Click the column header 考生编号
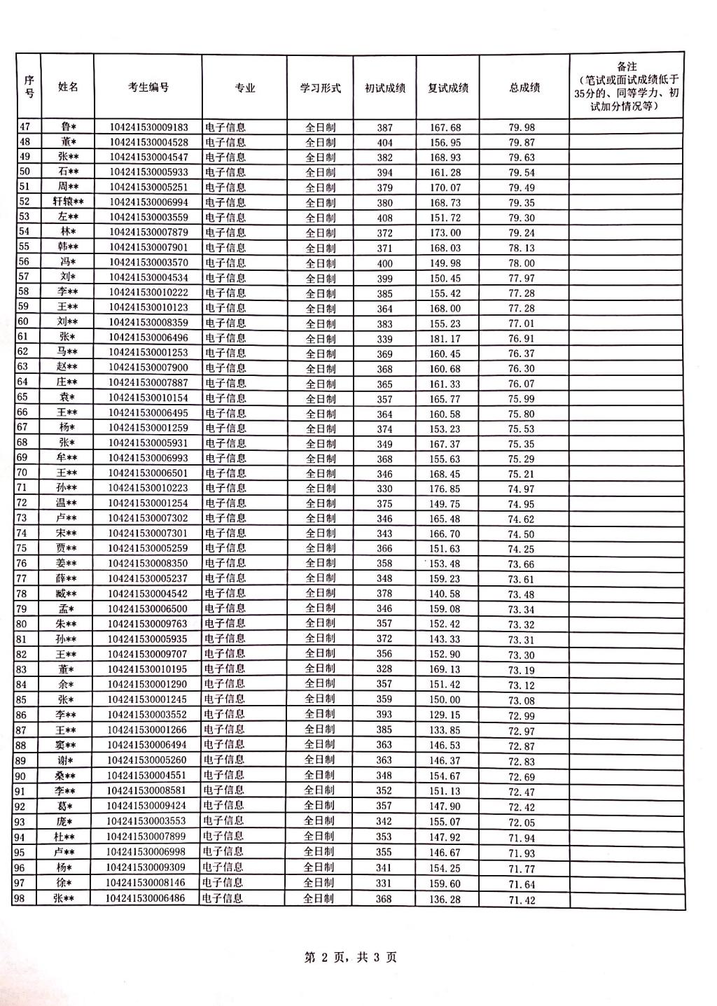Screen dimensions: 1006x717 (x=148, y=88)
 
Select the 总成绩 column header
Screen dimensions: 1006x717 (x=524, y=88)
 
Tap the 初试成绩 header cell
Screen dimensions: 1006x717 (x=385, y=88)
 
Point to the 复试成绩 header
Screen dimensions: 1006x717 (x=448, y=88)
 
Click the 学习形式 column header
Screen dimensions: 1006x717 (x=321, y=88)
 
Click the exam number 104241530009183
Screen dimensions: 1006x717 (x=148, y=127)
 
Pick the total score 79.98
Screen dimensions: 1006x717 (x=522, y=127)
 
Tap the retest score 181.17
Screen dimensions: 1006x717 (x=445, y=339)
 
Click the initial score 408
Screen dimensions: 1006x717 (x=385, y=218)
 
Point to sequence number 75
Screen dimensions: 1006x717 (x=22, y=548)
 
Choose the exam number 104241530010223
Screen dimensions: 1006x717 (x=148, y=488)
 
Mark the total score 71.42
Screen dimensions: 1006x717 (x=522, y=900)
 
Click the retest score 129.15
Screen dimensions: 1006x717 (x=445, y=715)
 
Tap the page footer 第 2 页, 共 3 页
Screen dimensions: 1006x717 (x=351, y=957)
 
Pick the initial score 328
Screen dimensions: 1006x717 (x=384, y=669)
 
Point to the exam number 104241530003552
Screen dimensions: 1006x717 (x=147, y=714)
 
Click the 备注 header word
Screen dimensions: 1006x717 (x=627, y=67)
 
